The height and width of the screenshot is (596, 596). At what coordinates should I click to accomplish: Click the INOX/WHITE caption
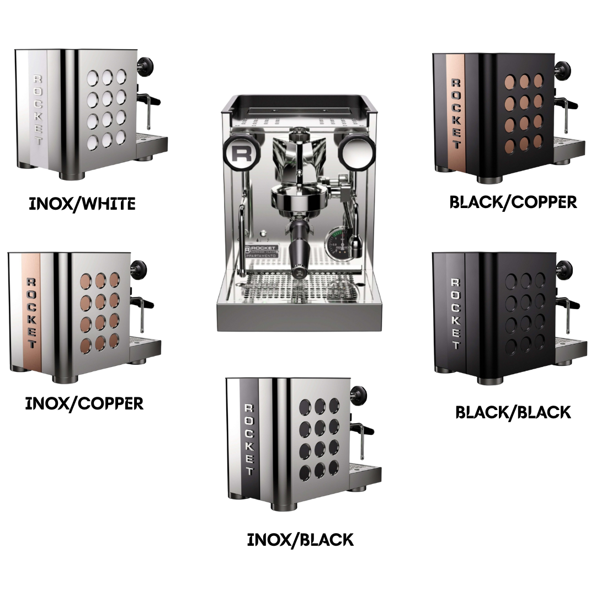[82, 204]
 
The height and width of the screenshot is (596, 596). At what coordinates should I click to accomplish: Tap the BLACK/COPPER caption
[513, 202]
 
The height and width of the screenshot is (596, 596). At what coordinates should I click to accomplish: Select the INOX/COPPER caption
[84, 403]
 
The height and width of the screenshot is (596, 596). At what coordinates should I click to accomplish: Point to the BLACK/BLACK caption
[513, 412]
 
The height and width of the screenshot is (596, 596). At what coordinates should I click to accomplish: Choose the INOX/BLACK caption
[300, 540]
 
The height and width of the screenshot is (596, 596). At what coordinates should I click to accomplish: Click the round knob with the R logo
[242, 154]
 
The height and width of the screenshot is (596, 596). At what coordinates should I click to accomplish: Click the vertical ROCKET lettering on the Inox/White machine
[39, 110]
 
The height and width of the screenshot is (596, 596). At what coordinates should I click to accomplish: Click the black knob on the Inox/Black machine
[359, 394]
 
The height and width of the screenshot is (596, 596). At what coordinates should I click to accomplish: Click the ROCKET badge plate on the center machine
[262, 252]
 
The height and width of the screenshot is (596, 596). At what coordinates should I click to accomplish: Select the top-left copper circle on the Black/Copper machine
[510, 82]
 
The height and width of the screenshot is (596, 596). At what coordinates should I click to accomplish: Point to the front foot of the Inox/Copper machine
[65, 379]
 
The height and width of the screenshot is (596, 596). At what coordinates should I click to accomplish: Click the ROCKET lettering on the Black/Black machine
[455, 313]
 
